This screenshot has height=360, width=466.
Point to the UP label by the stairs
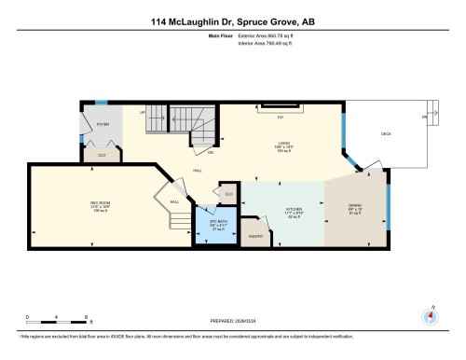click(143, 111)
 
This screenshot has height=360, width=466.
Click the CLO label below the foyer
click(101, 155)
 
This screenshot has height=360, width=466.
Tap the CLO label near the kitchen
click(228, 193)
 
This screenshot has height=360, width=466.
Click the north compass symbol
click(431, 314)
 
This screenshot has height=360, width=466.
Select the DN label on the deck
click(424, 118)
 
